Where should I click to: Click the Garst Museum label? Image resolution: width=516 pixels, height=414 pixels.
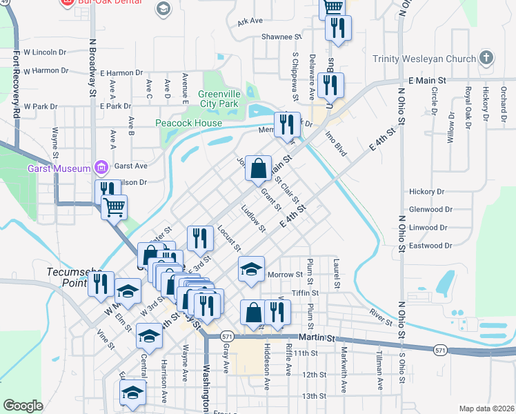[59, 168]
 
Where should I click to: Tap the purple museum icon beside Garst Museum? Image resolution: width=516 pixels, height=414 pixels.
[101, 167]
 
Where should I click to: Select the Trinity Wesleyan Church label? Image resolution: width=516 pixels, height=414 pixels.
[424, 59]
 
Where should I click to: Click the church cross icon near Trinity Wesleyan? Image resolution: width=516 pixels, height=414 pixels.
[486, 58]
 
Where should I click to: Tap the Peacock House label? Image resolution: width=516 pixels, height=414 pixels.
[189, 123]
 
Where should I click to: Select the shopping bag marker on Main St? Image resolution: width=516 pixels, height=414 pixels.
[258, 168]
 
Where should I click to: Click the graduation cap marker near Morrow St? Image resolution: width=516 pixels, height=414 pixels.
[252, 269]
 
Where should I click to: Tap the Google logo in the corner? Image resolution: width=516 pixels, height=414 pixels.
[23, 405]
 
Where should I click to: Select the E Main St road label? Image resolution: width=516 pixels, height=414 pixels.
[428, 81]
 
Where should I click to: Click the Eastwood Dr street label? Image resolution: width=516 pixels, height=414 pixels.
[430, 245]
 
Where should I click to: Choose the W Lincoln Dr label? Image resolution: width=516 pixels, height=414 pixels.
[45, 52]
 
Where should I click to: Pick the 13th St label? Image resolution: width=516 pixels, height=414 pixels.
[313, 395]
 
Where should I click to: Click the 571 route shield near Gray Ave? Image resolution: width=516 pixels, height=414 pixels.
[227, 336]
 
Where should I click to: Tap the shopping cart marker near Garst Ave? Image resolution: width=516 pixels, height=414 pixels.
[114, 206]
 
